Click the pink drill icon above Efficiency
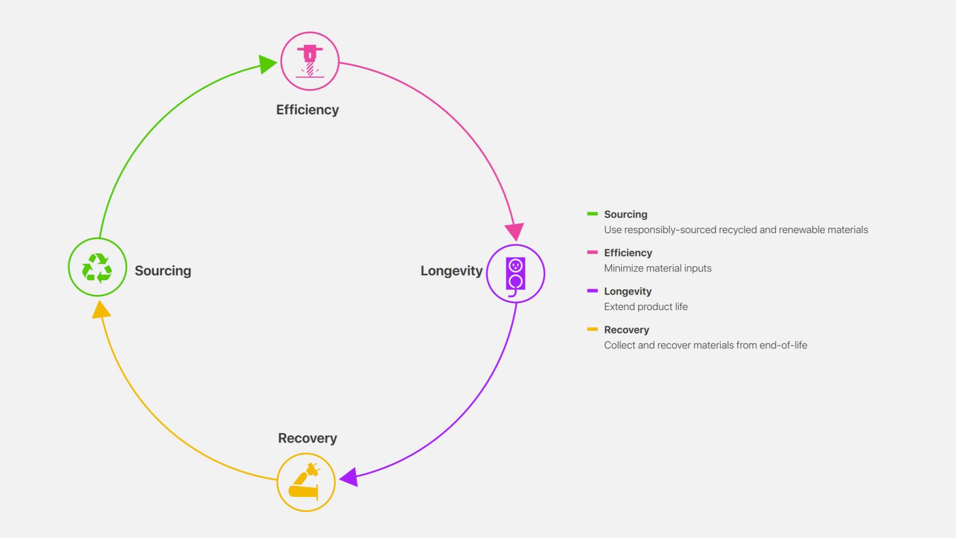tap(309, 61)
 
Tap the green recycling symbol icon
tap(97, 268)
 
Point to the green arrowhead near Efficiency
tap(267, 64)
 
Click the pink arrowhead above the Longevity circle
tap(514, 232)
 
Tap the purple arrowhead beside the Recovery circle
tap(349, 477)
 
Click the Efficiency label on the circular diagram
tap(308, 110)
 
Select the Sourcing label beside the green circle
tap(163, 271)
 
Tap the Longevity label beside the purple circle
tap(451, 271)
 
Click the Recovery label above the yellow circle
tap(308, 438)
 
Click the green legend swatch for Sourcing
tap(592, 214)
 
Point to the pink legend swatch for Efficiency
tap(592, 252)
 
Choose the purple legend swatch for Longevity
tap(592, 290)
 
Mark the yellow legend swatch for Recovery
tap(592, 329)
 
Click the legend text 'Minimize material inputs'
tap(658, 268)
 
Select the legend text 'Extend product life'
tap(646, 307)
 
